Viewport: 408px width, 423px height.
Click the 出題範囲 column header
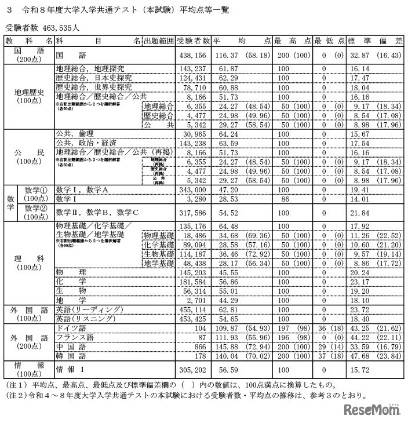click(158, 41)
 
